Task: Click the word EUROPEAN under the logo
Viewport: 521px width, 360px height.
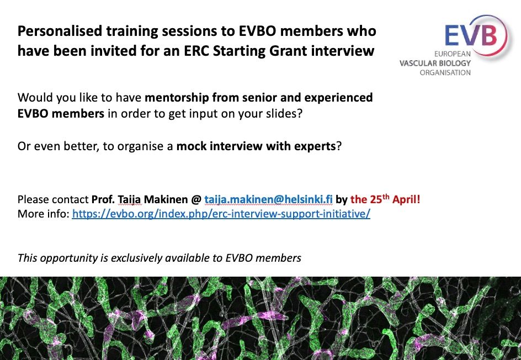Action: click(x=452, y=54)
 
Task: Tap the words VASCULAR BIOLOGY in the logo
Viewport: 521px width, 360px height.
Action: click(x=435, y=63)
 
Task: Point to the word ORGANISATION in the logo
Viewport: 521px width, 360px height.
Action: click(x=445, y=72)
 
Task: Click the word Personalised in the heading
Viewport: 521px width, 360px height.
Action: click(x=60, y=31)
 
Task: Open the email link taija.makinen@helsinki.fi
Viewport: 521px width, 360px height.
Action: click(x=268, y=199)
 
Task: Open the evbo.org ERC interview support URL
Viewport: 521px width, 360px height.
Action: click(x=221, y=214)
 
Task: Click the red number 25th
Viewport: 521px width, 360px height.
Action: click(x=380, y=199)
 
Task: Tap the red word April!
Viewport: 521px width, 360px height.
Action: click(x=406, y=199)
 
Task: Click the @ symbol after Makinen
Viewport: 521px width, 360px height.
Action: click(x=196, y=200)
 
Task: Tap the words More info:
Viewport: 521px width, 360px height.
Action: click(x=43, y=214)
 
